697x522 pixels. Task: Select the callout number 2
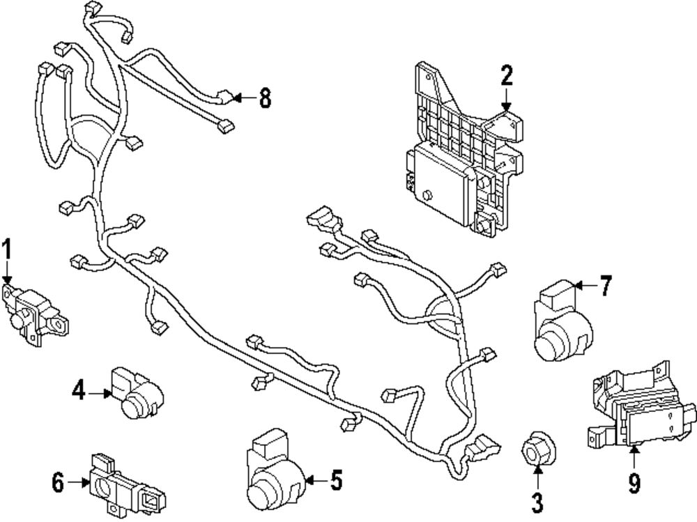pos(506,75)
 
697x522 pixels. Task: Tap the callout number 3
pos(537,502)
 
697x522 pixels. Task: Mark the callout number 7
pos(605,286)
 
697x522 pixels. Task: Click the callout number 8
pos(264,98)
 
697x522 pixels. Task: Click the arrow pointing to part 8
pos(242,98)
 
